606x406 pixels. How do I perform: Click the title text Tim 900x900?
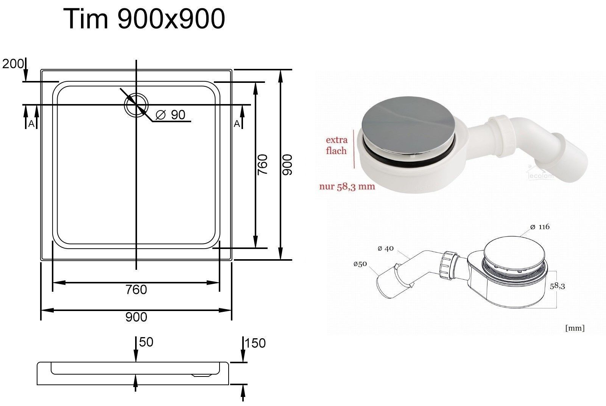coord(144,19)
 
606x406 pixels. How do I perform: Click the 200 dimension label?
coord(12,64)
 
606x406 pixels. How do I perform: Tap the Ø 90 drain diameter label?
coord(171,115)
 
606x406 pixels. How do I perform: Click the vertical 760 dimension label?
coord(262,165)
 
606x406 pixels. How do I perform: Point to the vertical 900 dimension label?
coord(287,165)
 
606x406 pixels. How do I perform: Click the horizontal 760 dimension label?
coord(136,290)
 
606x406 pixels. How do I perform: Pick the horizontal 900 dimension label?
coord(136,317)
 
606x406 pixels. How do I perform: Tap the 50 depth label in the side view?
coord(146,342)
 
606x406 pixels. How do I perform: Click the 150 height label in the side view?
coord(255,343)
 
